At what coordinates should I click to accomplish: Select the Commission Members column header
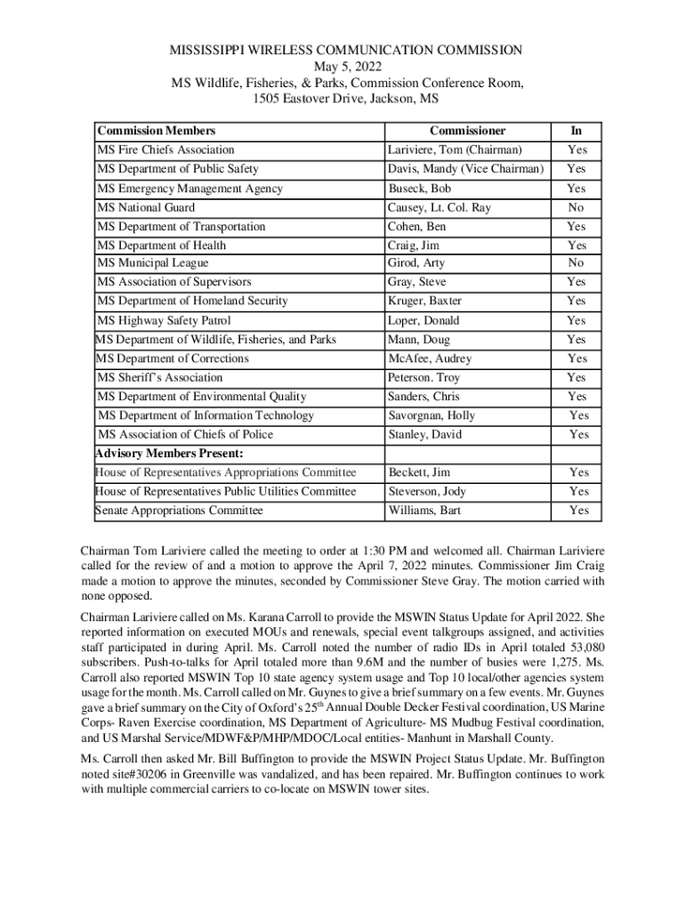(156, 131)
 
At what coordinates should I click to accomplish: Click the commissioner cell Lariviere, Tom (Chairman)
(454, 150)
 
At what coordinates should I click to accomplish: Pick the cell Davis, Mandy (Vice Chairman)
(465, 169)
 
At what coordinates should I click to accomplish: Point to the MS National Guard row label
(146, 207)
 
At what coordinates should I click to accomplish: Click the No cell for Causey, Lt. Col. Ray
(576, 207)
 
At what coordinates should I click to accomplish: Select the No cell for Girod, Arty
(576, 263)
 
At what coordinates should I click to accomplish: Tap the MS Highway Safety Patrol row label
(164, 320)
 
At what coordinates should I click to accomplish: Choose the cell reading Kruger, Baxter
(424, 301)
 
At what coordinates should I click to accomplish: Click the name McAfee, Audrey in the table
(430, 359)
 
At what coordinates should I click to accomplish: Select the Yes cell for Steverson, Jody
(579, 491)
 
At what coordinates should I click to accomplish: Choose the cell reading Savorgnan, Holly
(431, 415)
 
